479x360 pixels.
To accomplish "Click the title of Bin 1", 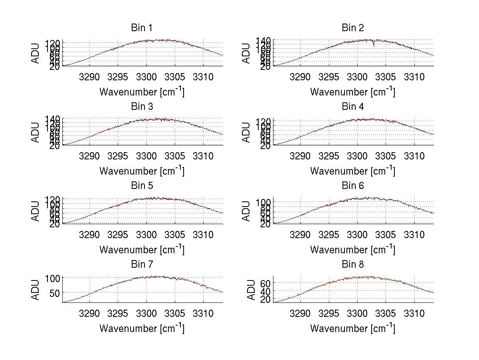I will tap(142, 28).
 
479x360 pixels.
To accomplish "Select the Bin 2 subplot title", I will tap(352, 28).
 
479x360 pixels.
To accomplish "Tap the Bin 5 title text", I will tap(142, 185).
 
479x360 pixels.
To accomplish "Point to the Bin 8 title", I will tap(352, 264).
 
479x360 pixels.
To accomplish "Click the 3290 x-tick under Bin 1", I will tap(89, 76).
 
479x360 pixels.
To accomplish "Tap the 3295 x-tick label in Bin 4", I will tap(329, 155).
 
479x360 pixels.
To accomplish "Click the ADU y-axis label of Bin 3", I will tap(36, 132).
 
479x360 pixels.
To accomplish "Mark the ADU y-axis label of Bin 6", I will tap(247, 211).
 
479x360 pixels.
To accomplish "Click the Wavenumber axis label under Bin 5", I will tap(142, 250).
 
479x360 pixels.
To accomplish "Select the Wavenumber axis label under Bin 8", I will tap(352, 328).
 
